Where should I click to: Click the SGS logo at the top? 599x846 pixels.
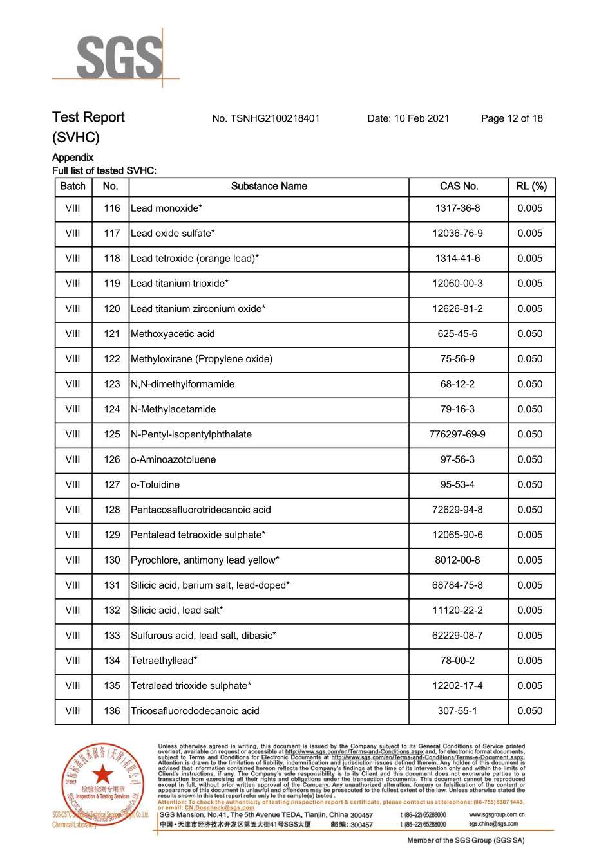pyautogui.click(x=120, y=57)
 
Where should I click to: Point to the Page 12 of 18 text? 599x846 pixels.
pyautogui.click(x=511, y=118)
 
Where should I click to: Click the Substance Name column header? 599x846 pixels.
pyautogui.click(x=269, y=187)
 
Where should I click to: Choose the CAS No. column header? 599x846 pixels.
pyautogui.click(x=459, y=187)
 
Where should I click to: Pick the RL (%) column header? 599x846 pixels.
pyautogui.click(x=531, y=187)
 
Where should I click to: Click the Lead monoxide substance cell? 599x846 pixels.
pyautogui.click(x=166, y=208)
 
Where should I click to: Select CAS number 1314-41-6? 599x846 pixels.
pyautogui.click(x=457, y=259)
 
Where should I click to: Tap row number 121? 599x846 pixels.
pyautogui.click(x=111, y=334)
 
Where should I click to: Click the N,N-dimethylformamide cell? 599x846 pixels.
pyautogui.click(x=182, y=384)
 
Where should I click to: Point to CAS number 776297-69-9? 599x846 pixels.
pyautogui.click(x=457, y=434)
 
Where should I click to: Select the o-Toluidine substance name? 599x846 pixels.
pyautogui.click(x=155, y=484)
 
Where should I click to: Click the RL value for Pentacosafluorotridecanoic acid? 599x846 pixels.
pyautogui.click(x=530, y=510)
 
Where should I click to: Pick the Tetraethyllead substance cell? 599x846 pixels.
pyautogui.click(x=164, y=661)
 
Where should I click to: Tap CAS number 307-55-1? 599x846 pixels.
pyautogui.click(x=457, y=711)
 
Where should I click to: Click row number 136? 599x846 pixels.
pyautogui.click(x=111, y=711)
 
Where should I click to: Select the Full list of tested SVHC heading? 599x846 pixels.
pyautogui.click(x=104, y=170)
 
